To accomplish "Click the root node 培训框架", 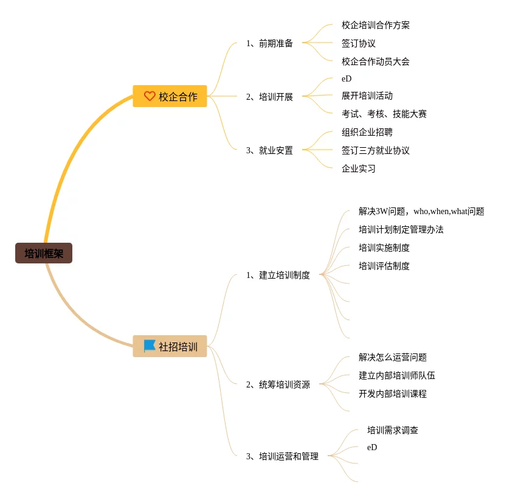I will pyautogui.click(x=44, y=254).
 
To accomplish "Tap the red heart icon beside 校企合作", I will pyautogui.click(x=150, y=96).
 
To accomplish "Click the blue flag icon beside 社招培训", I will pyautogui.click(x=150, y=346).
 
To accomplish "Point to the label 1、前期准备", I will pyautogui.click(x=269, y=43).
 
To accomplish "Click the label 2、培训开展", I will pyautogui.click(x=269, y=97).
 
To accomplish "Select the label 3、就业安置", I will pyautogui.click(x=269, y=150).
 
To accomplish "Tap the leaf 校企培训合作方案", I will pyautogui.click(x=376, y=25).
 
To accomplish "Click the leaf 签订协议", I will pyautogui.click(x=359, y=43).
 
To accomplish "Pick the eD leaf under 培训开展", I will pyautogui.click(x=347, y=78).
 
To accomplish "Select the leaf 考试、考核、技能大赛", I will pyautogui.click(x=384, y=114).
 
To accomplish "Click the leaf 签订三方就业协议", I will pyautogui.click(x=376, y=150).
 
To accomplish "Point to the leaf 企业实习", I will pyautogui.click(x=359, y=169).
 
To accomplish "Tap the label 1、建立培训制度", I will pyautogui.click(x=278, y=275).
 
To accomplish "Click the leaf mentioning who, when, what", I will pyautogui.click(x=421, y=211).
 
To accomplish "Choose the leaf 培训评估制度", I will pyautogui.click(x=384, y=266).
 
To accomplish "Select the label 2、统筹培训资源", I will pyautogui.click(x=278, y=384).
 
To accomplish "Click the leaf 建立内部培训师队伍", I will pyautogui.click(x=397, y=375).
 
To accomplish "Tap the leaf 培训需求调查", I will pyautogui.click(x=393, y=430).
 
